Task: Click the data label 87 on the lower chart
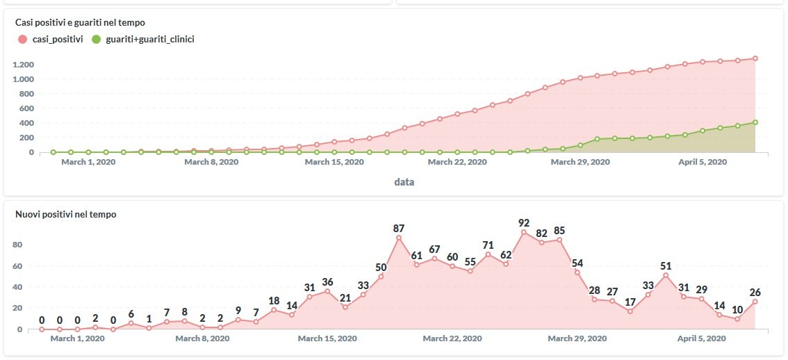click(x=399, y=228)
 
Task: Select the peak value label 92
click(x=524, y=223)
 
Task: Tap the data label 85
click(x=559, y=231)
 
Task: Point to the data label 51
click(x=666, y=265)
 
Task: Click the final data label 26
click(x=755, y=293)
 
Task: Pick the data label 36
click(x=327, y=281)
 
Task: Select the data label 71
click(x=488, y=245)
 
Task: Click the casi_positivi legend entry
click(x=51, y=40)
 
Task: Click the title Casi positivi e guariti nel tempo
click(x=80, y=23)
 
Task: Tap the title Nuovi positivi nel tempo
click(x=65, y=214)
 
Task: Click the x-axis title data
click(x=404, y=182)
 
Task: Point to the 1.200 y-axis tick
click(x=23, y=65)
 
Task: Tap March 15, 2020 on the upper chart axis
click(x=334, y=162)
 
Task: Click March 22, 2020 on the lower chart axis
click(x=452, y=338)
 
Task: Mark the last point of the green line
click(x=755, y=122)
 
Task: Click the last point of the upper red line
click(x=755, y=58)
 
